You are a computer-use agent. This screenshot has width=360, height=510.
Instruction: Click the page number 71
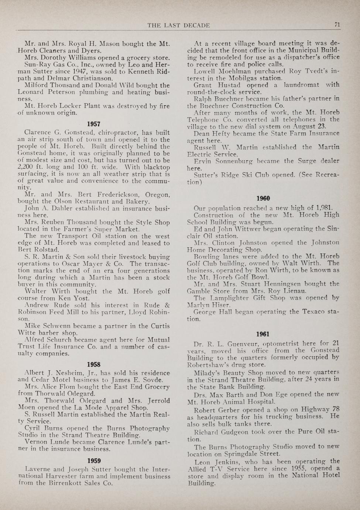click(337, 25)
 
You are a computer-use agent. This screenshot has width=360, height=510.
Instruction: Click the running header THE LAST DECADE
click(179, 25)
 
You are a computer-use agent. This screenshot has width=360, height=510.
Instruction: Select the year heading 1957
click(94, 124)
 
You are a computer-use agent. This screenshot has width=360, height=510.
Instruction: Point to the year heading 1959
click(94, 461)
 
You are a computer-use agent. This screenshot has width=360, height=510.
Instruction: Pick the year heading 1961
click(263, 334)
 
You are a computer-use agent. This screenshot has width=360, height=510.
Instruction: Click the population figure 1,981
click(325, 208)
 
